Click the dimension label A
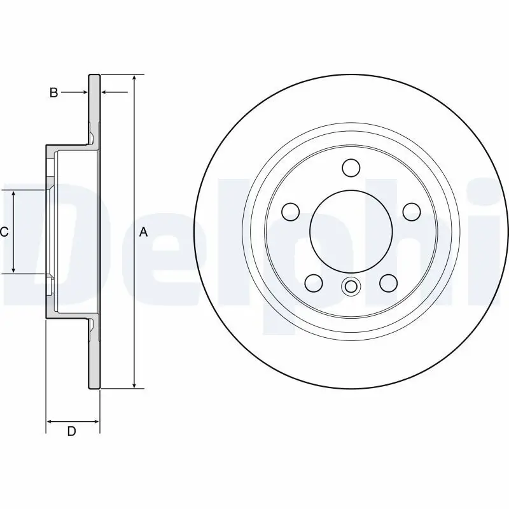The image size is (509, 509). [x=143, y=232]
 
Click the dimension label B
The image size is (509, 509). [x=54, y=93]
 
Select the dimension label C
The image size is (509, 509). [x=4, y=232]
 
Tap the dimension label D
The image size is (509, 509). [x=72, y=431]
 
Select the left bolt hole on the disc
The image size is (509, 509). [x=291, y=211]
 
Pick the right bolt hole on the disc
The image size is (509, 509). [x=411, y=211]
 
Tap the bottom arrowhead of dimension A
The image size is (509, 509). [x=134, y=384]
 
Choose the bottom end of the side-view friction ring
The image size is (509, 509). [x=94, y=387]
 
